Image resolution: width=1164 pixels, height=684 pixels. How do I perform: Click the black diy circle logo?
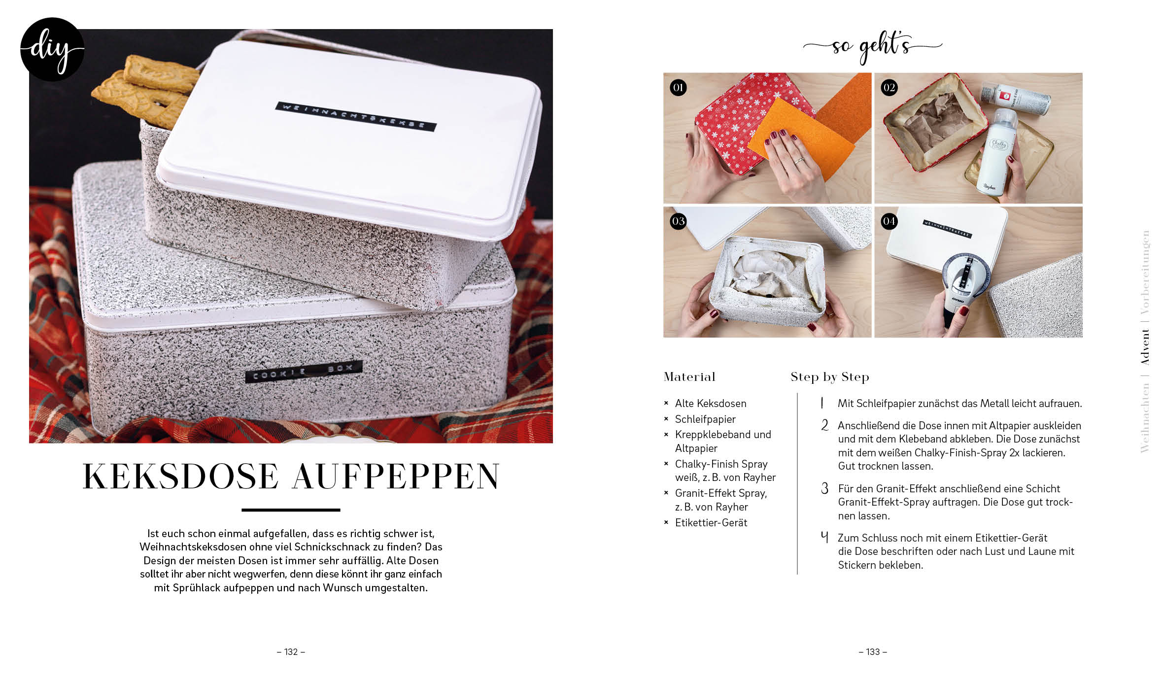coord(52,49)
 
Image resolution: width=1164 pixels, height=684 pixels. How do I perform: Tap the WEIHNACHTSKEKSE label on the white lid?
coord(355,116)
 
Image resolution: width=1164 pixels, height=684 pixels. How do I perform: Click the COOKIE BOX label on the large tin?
coord(304,372)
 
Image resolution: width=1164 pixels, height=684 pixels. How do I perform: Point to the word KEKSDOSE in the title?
coord(181,477)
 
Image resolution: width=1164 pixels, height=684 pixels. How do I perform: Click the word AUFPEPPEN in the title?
coord(396,477)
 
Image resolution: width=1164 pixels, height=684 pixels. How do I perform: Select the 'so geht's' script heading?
coord(872,47)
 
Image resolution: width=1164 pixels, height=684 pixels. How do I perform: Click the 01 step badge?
coord(678,88)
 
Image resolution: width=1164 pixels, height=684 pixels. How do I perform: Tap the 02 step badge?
coord(889,88)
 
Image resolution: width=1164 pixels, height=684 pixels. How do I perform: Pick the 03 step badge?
coord(678,221)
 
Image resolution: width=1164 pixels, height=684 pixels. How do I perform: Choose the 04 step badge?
coord(889,221)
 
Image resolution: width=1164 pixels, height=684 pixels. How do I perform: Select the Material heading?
coord(689,377)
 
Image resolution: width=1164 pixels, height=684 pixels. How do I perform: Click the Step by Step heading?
coord(830,377)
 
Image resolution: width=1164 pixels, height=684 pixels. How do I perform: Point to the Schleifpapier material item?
coord(705,419)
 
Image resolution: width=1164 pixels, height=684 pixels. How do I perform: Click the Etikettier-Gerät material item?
coord(711,523)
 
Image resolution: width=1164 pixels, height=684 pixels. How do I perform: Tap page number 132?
coord(291,652)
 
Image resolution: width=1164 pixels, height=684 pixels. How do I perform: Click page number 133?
coord(873,652)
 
